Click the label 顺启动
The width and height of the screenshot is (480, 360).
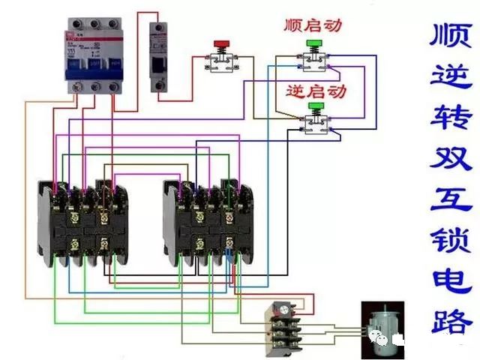tap(313, 25)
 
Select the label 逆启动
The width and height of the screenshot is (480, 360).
tap(316, 91)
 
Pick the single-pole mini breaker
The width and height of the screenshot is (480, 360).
tap(158, 56)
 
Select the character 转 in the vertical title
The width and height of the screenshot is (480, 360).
tap(451, 117)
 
